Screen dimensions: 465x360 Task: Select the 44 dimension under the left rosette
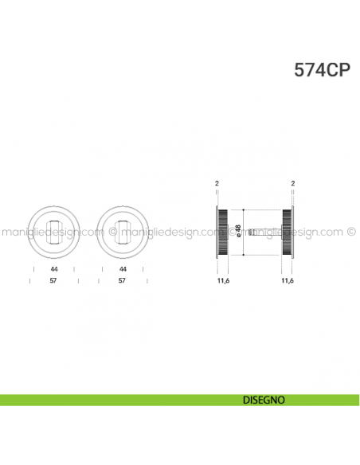click(53, 269)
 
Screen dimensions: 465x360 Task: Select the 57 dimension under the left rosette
click(53, 281)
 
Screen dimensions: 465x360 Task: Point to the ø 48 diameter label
click(238, 231)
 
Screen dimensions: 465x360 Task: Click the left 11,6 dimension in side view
click(223, 281)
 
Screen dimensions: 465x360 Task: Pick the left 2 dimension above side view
click(217, 184)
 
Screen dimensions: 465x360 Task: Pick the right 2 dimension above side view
click(294, 184)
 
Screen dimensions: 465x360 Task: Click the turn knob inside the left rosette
click(53, 231)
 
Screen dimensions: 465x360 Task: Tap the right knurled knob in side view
click(287, 231)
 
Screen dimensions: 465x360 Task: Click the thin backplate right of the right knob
click(294, 231)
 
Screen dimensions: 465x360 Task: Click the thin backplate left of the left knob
click(217, 231)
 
